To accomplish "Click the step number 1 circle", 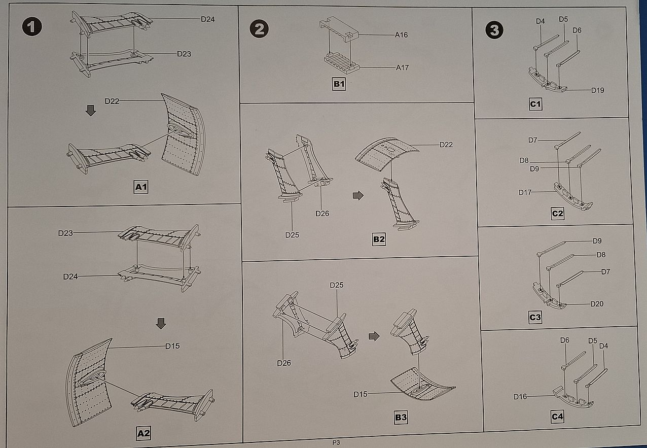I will click(x=31, y=27).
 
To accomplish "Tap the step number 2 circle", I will click(x=259, y=29).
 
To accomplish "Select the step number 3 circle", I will click(x=494, y=30).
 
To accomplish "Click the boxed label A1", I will click(x=141, y=187).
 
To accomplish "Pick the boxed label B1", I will click(x=339, y=84).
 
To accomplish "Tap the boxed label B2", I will click(x=379, y=239).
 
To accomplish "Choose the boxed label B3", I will click(x=401, y=418).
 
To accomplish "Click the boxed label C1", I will click(x=535, y=105).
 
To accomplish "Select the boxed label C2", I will click(x=557, y=214).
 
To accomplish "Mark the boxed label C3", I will click(x=535, y=318).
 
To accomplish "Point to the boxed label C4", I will click(x=557, y=417).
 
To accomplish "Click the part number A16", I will click(x=402, y=35).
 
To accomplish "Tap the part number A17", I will click(x=402, y=67).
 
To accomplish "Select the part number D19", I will click(x=597, y=90).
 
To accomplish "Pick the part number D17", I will click(x=525, y=192).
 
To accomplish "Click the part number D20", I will click(x=597, y=304).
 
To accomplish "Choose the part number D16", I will click(x=520, y=396).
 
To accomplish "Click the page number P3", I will click(x=336, y=442).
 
